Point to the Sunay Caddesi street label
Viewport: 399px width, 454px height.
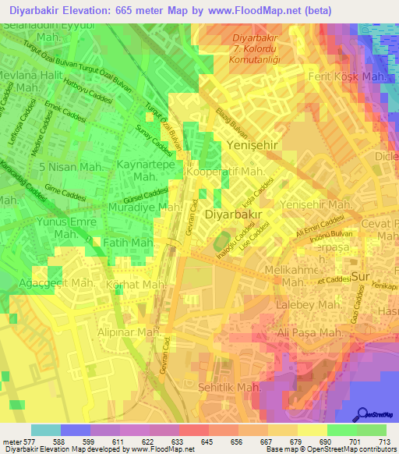click(156, 137)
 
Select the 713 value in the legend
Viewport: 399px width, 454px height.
click(383, 442)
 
